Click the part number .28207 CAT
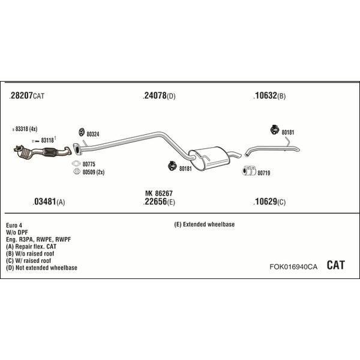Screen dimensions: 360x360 coord(27,95)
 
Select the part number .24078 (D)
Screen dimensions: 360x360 coord(159,95)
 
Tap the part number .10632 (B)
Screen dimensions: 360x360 coord(269,95)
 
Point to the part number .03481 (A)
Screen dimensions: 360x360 coord(49,202)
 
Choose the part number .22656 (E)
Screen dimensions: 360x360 coord(159,202)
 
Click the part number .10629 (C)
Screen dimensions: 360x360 coord(269,202)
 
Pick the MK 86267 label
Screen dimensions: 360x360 coord(159,193)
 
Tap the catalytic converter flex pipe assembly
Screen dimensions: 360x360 coord(43,152)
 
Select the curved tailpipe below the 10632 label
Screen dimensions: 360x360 coord(272,149)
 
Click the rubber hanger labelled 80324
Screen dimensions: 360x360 coord(82,132)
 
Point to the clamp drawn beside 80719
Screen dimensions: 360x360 coord(249,170)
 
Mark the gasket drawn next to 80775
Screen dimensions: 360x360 coord(76,163)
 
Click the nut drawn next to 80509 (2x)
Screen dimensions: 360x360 coord(76,171)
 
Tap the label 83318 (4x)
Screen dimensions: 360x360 coord(26,129)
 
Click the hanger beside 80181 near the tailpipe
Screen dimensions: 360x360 coord(275,130)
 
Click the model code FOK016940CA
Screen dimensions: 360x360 coord(293,266)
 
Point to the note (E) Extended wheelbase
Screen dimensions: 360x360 coord(205,224)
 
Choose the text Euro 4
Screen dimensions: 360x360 coord(14,225)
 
